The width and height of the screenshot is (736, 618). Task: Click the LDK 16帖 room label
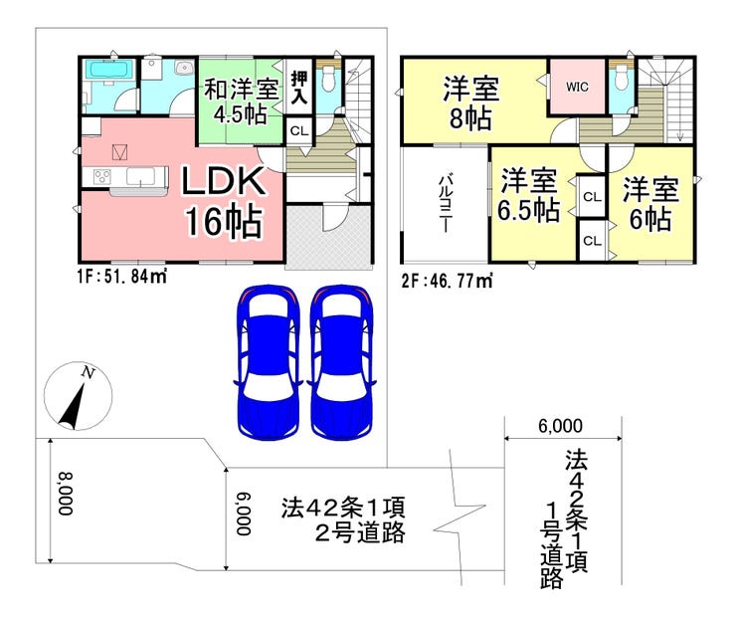click(224, 201)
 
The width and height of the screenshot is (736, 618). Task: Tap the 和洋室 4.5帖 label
click(242, 102)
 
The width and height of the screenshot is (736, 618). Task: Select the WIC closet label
click(577, 87)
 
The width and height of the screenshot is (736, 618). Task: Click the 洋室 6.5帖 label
click(528, 195)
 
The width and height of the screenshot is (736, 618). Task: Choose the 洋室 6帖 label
click(650, 204)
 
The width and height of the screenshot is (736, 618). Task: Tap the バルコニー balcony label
click(445, 204)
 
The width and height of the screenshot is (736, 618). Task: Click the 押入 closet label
click(299, 88)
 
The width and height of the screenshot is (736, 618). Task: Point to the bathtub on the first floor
click(109, 71)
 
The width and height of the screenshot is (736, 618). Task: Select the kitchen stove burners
click(102, 177)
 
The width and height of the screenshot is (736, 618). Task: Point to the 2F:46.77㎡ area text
click(447, 282)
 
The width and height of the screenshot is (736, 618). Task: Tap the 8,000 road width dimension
click(66, 494)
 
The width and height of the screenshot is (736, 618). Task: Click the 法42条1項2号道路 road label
click(343, 519)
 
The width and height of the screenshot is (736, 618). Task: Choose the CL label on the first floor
click(299, 131)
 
